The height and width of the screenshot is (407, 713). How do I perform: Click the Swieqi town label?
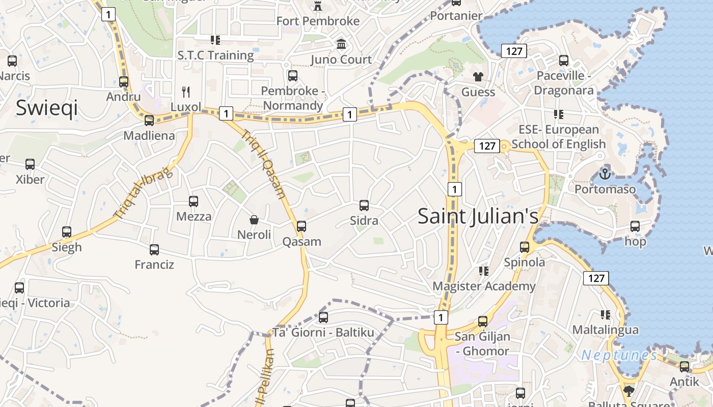click(47, 108)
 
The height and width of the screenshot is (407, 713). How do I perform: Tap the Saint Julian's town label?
click(478, 216)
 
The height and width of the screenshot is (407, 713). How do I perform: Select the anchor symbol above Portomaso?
click(605, 174)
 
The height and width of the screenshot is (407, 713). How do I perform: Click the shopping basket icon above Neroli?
click(254, 220)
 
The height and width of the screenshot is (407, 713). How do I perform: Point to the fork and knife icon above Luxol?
click(186, 92)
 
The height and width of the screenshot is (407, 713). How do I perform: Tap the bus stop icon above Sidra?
click(364, 206)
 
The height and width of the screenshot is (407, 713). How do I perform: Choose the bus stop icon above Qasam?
click(301, 226)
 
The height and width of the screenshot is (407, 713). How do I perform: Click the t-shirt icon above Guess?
click(478, 77)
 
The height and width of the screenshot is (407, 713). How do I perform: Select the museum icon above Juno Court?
click(341, 44)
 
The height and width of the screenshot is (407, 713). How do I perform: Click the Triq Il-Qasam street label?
click(263, 164)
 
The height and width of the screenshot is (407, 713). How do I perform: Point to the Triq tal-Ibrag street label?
click(143, 194)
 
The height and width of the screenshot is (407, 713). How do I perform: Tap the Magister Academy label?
click(484, 286)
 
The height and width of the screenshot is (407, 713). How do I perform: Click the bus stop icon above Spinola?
click(525, 247)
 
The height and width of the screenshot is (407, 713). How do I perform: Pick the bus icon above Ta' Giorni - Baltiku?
click(323, 317)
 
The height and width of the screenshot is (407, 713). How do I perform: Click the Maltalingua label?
click(605, 330)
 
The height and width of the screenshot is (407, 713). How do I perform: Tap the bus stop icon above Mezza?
click(194, 201)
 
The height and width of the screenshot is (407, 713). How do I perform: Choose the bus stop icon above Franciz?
click(154, 250)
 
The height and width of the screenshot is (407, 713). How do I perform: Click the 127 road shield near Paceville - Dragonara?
click(514, 51)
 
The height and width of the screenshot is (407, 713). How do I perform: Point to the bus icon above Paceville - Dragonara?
click(564, 61)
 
